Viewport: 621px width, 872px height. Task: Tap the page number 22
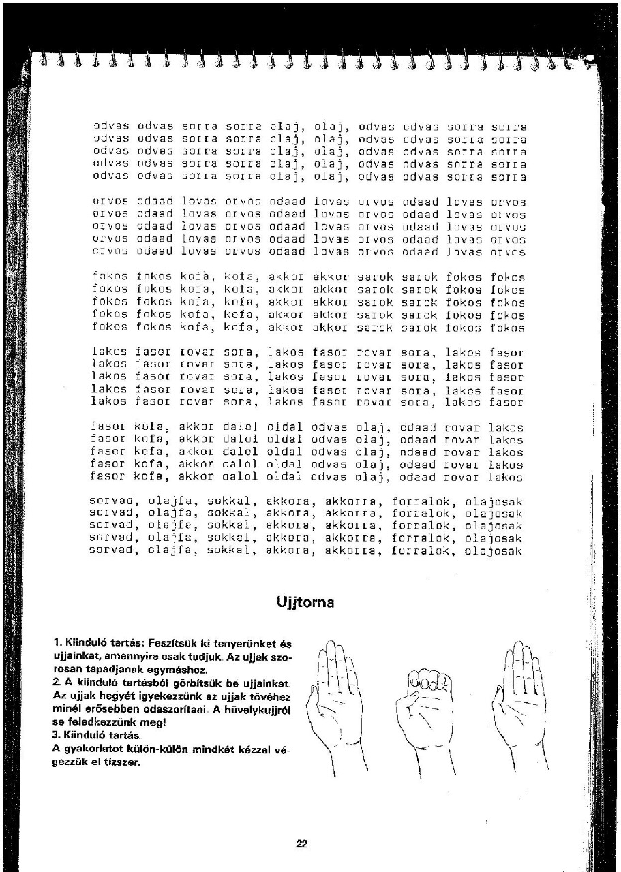pyautogui.click(x=302, y=843)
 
